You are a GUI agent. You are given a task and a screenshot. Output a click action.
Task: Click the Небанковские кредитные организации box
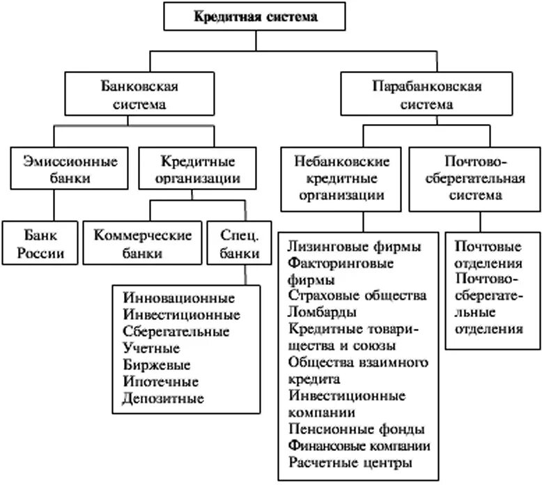click(x=341, y=178)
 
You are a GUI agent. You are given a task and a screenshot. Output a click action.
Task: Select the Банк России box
click(x=41, y=243)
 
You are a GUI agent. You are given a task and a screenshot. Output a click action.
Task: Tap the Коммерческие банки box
click(x=142, y=243)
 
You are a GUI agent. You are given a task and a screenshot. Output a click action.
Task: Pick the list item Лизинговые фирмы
click(x=354, y=247)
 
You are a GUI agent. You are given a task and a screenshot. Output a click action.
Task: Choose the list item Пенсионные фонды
click(x=355, y=429)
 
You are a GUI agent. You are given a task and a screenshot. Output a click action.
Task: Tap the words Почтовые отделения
click(x=489, y=255)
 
